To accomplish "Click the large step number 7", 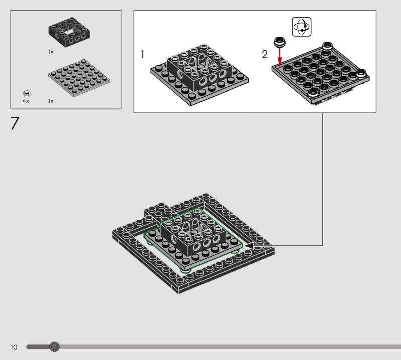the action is click(x=15, y=123).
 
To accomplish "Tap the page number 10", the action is click(x=14, y=347).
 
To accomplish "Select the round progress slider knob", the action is click(x=54, y=347).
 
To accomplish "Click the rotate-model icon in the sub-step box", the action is click(x=302, y=27).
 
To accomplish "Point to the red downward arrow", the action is click(x=280, y=57).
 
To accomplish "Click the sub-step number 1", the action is click(x=142, y=54).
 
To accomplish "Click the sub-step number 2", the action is click(x=265, y=54).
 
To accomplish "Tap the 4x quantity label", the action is click(x=26, y=101).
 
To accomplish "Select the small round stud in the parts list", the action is click(x=27, y=93).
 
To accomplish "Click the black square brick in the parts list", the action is click(x=69, y=32).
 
